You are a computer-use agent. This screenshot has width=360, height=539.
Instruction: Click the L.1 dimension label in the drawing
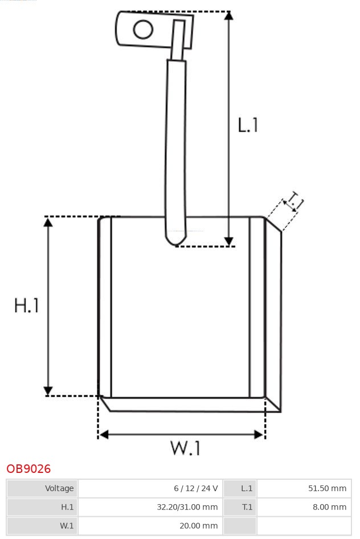coord(248,125)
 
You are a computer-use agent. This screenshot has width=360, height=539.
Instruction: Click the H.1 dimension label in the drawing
coord(26,305)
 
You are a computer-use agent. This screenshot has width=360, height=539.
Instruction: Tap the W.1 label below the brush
coord(186,448)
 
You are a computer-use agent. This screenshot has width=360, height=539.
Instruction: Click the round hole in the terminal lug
coord(143,29)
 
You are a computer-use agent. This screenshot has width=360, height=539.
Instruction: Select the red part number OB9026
coord(28,468)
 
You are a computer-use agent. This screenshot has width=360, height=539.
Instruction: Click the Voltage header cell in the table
coord(42,488)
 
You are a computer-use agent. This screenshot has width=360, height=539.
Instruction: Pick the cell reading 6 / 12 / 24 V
coord(150,488)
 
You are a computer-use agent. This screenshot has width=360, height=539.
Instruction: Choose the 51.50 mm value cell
coord(304,488)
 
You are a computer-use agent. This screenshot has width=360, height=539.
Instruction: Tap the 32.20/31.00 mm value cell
coord(150,507)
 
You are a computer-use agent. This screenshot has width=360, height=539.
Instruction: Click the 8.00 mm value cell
coord(304,507)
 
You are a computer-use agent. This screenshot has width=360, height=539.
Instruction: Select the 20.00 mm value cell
coord(150,525)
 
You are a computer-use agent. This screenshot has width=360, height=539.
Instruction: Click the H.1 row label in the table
coord(42,507)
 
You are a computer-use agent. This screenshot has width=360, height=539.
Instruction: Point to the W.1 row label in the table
coord(42,525)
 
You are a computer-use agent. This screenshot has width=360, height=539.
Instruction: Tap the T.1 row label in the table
coord(240,507)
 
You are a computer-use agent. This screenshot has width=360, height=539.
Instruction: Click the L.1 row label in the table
coord(240,488)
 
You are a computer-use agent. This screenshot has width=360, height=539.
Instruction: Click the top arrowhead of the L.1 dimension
coord(229,15)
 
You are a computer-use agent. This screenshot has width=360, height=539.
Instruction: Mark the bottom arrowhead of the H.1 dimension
coord(48,391)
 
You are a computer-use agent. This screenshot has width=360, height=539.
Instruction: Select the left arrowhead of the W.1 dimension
coord(104,435)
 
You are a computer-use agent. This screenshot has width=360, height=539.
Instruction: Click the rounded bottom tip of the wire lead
coord(176,242)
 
